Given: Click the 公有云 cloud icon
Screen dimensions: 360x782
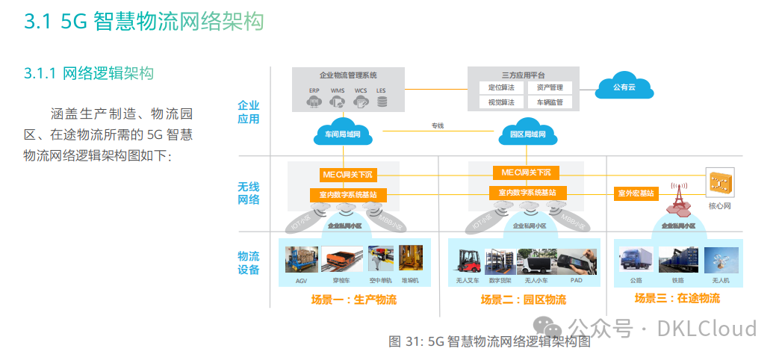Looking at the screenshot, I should (x=624, y=87).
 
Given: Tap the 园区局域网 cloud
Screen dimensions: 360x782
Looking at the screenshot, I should (x=527, y=134).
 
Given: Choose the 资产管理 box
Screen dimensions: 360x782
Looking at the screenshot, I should (x=549, y=87).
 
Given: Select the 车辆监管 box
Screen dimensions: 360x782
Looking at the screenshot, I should (x=549, y=102).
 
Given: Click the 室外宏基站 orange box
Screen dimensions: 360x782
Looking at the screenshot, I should (x=636, y=193).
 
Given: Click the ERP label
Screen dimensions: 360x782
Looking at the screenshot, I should (x=314, y=91).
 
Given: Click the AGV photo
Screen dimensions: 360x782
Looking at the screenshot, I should (x=301, y=259).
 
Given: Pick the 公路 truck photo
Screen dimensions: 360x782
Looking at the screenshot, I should (x=636, y=261).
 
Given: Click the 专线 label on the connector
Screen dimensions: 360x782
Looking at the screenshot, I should (x=437, y=125).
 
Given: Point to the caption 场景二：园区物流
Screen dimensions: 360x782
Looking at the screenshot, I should (x=523, y=300).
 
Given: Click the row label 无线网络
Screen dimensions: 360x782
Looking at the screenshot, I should (x=249, y=193).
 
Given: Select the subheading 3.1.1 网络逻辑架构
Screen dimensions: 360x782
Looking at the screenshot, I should (x=89, y=73).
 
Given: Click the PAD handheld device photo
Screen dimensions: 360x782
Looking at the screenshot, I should (x=577, y=261).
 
